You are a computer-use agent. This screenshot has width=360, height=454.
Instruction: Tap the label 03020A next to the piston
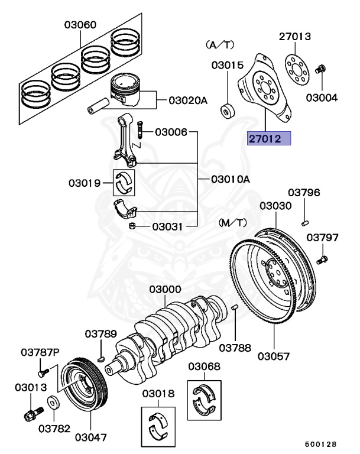point(188,100)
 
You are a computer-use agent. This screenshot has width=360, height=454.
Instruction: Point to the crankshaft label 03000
point(165,290)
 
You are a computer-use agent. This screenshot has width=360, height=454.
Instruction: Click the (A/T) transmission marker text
point(219,45)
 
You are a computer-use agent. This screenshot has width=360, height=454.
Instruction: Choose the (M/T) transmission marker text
point(232,222)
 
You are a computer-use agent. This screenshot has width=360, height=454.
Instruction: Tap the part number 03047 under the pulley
point(90,438)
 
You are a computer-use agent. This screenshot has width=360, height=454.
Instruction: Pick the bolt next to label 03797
point(322,259)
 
